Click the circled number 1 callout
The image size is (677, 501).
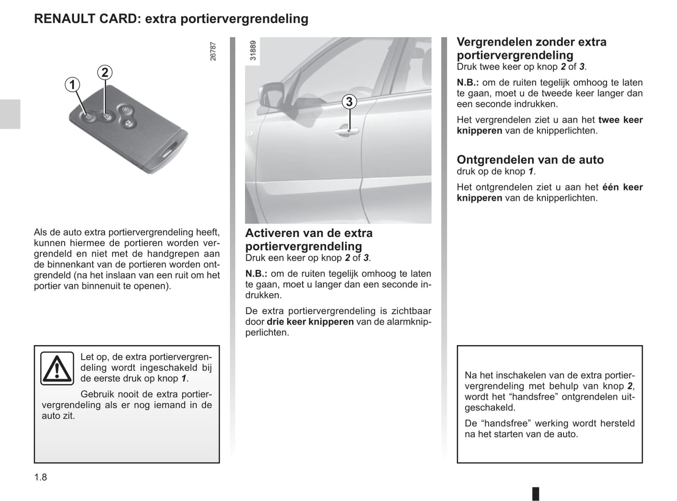(72, 85)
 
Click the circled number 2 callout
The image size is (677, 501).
(104, 73)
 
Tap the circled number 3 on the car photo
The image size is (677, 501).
(349, 102)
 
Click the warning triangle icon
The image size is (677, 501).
(57, 368)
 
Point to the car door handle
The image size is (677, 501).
(346, 133)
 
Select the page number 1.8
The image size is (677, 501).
(41, 477)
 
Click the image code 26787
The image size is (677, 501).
(213, 52)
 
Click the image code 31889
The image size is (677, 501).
(253, 51)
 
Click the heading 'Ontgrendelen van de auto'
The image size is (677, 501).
(530, 160)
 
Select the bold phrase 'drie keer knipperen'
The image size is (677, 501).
(310, 322)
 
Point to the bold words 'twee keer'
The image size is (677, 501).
(620, 120)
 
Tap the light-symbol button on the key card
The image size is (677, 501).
(125, 110)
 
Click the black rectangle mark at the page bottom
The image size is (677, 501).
(536, 494)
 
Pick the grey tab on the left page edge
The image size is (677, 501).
(10, 114)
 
